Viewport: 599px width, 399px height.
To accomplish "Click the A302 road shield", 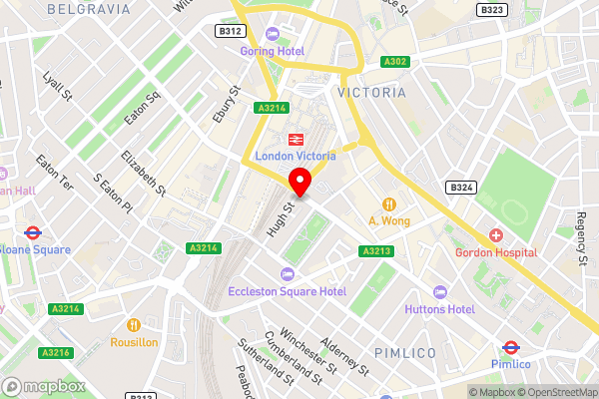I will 394,62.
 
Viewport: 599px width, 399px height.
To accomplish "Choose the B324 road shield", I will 460,188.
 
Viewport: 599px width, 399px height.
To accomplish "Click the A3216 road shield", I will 55,353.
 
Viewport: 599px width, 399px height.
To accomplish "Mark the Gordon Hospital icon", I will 496,235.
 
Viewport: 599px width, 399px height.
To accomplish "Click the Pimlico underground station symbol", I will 510,348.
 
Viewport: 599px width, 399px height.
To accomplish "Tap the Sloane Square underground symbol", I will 32,231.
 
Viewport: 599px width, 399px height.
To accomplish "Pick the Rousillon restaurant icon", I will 134,324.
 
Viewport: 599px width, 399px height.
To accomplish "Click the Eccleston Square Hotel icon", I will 289,274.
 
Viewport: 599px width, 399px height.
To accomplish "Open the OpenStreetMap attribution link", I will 555,391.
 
